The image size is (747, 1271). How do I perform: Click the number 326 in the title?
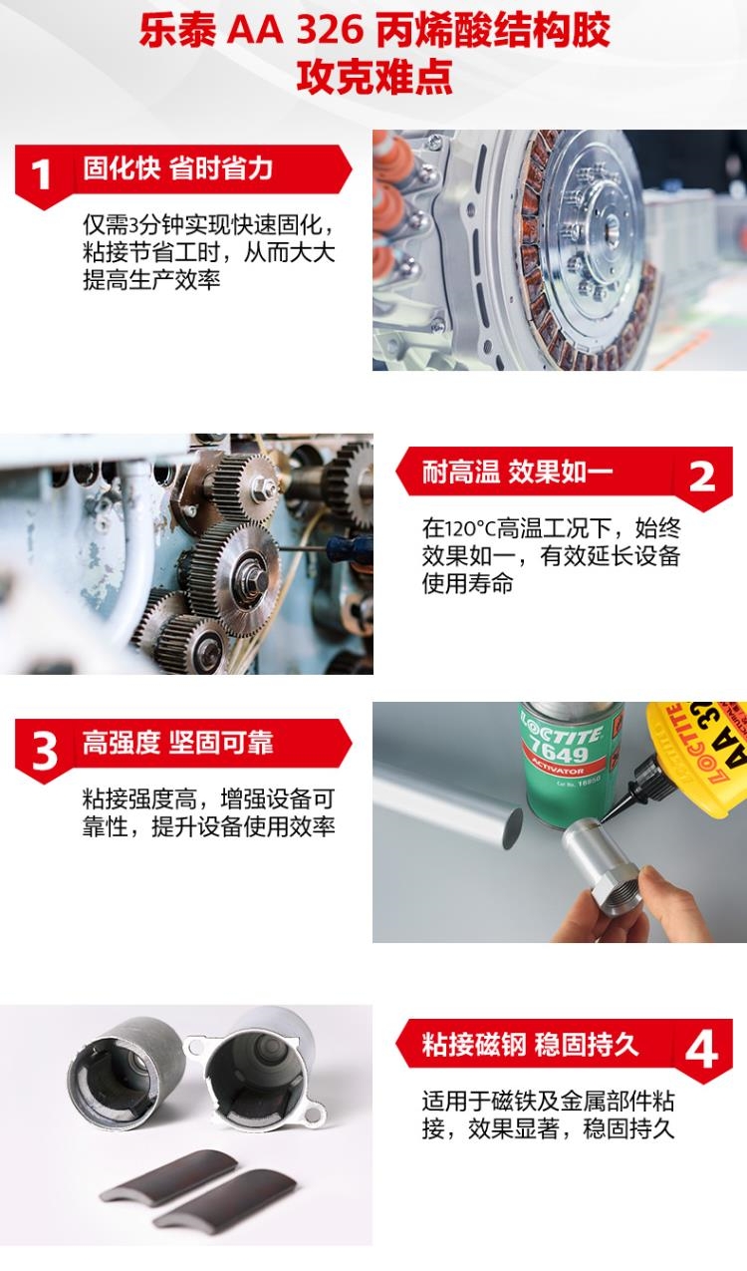pos(330,31)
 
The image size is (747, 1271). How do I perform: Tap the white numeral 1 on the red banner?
pos(41,174)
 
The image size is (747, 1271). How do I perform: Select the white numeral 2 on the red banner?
pos(701,477)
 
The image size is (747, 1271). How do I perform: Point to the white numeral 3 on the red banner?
pos(44,750)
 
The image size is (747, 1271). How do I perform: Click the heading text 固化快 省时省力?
pos(178,168)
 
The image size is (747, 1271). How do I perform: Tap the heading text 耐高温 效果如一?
pos(518,472)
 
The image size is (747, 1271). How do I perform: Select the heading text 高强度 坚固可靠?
pos(178,743)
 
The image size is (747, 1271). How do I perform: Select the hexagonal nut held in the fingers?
pos(617,882)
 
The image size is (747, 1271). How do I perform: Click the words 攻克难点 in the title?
pos(374,76)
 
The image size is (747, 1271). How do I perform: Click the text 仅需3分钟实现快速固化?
pos(209,225)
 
